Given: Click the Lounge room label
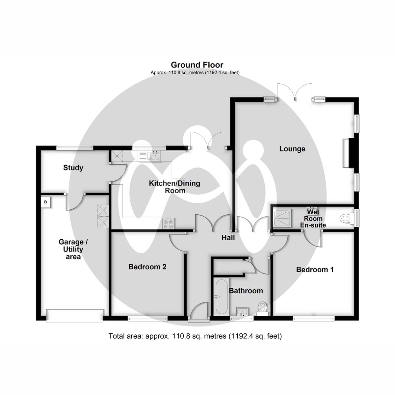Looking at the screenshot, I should click(x=292, y=149).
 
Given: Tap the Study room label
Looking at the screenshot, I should click(x=73, y=168).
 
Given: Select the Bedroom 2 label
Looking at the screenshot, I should click(x=147, y=267).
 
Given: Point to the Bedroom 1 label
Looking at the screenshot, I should click(x=315, y=270).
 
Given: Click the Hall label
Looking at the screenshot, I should click(x=228, y=237).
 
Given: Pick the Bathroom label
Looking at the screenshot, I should click(x=246, y=291).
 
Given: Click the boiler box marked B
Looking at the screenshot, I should click(x=46, y=202).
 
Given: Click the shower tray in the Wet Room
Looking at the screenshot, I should click(x=282, y=218).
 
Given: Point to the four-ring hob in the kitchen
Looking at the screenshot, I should click(x=169, y=224).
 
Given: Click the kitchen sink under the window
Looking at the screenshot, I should click(x=154, y=155).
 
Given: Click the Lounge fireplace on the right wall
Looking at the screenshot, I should click(x=347, y=153).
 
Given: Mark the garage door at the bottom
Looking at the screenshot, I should click(x=75, y=315).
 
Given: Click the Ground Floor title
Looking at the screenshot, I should click(x=197, y=65).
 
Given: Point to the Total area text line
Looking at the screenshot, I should click(x=195, y=336).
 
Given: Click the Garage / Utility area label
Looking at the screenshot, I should click(x=73, y=249).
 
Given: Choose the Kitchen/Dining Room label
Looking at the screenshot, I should click(x=174, y=187).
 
